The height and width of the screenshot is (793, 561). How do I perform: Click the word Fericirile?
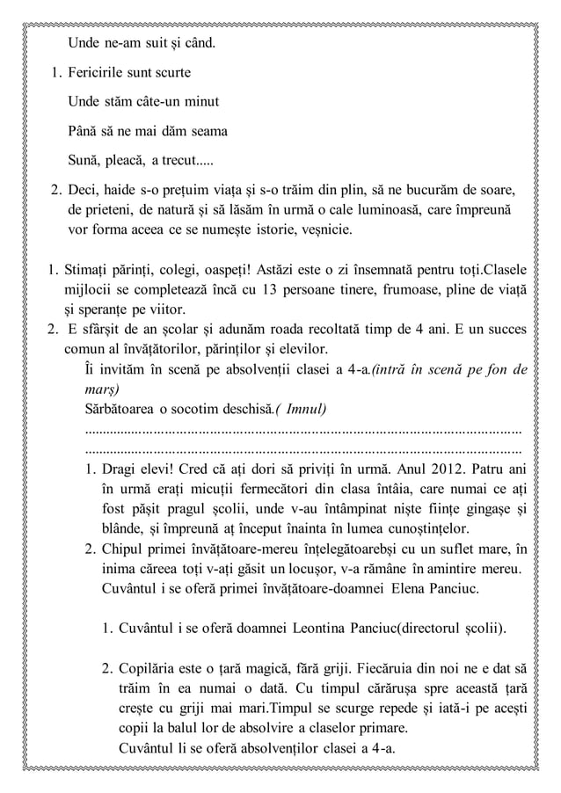[x=98, y=71]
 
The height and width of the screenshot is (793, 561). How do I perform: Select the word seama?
[x=208, y=132]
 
